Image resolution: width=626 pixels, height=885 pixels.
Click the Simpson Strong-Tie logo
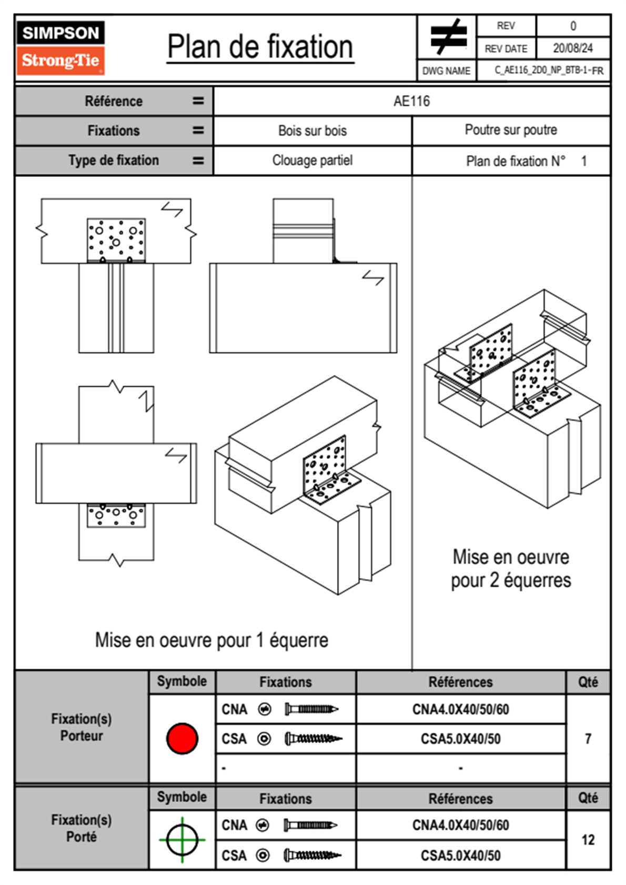[x=60, y=47]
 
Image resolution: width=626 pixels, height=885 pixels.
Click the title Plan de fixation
[x=260, y=47]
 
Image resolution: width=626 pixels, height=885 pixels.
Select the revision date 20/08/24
[x=572, y=48]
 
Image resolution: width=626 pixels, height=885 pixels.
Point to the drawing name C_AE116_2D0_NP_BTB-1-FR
[x=549, y=71]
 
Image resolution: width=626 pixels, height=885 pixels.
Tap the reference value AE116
[x=411, y=101]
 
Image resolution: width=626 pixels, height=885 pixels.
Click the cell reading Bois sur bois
[x=312, y=130]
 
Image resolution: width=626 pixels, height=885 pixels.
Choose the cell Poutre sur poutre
[x=511, y=130]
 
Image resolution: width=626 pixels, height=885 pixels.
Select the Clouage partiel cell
[x=312, y=160]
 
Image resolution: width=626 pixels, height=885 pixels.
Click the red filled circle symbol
[x=182, y=738]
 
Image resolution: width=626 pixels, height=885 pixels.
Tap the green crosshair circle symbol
[x=182, y=840]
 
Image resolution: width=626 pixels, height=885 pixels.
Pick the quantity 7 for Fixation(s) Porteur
[x=588, y=739]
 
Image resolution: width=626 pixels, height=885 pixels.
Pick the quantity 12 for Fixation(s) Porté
[x=588, y=840]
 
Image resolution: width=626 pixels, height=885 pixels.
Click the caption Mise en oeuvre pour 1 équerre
[x=211, y=640]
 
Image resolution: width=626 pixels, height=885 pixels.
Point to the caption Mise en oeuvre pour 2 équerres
[x=511, y=569]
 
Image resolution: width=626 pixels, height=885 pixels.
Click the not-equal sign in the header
[x=448, y=37]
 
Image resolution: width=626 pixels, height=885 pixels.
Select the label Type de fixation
[x=114, y=160]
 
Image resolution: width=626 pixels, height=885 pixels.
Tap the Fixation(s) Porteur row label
[x=82, y=727]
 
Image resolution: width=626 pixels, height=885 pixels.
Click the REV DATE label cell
[x=506, y=48]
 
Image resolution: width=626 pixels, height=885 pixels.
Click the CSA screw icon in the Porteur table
[x=313, y=739]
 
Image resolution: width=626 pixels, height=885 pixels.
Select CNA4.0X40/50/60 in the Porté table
[x=460, y=825]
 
